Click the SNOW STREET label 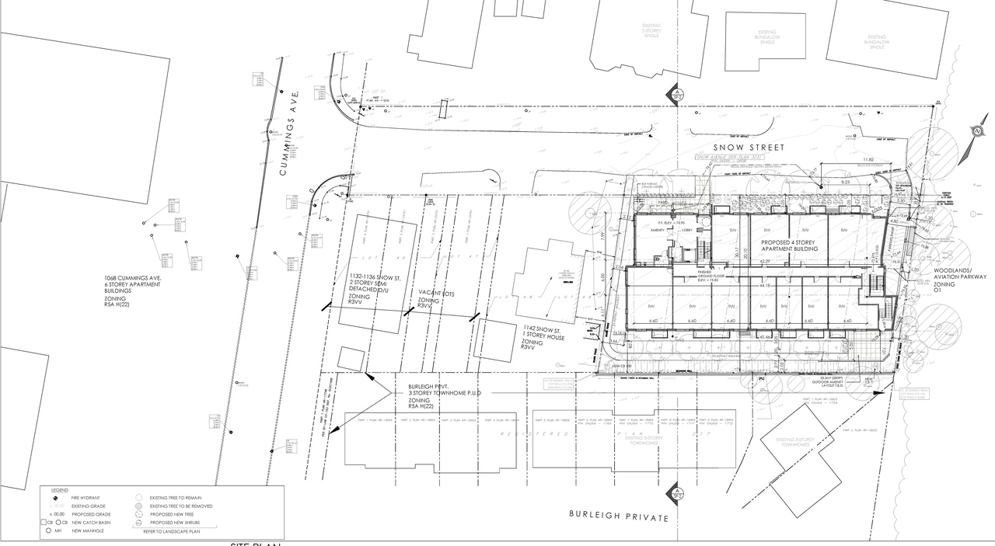(752, 148)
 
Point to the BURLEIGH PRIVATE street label (618, 515)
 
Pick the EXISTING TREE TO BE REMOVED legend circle (138, 506)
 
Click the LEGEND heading (60, 490)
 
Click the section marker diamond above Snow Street (676, 95)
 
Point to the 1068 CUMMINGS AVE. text (133, 278)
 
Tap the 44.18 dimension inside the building (765, 286)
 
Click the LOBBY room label (686, 230)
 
